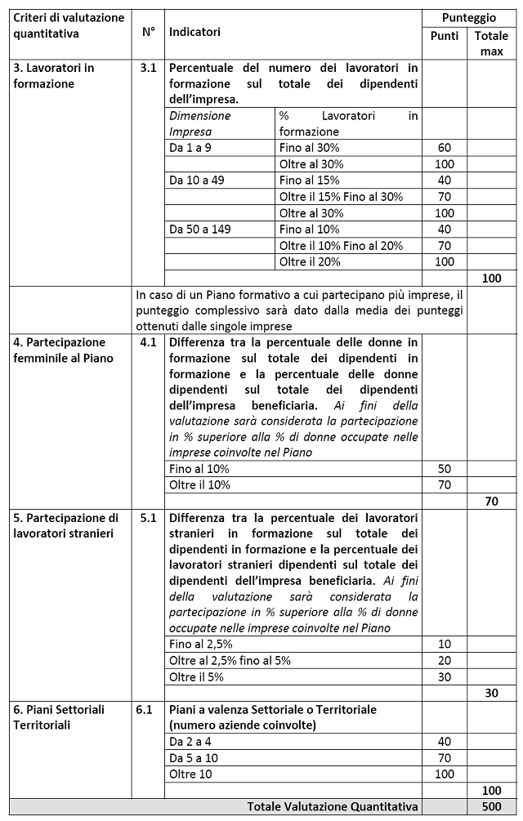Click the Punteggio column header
(468, 17)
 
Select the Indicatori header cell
(194, 32)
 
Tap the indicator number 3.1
(147, 68)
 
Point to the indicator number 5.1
(147, 518)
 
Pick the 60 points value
(445, 148)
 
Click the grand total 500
(490, 806)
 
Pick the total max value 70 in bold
(490, 502)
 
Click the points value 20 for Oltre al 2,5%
(445, 660)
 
